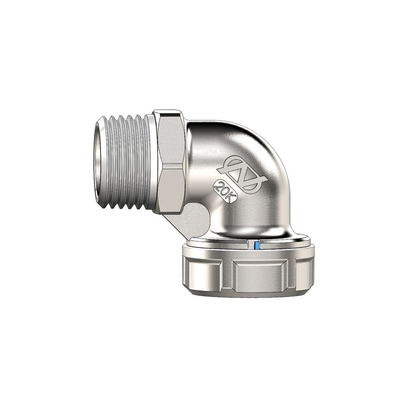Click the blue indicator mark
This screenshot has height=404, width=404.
coord(257,245)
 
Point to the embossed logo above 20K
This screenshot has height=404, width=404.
coord(242,173)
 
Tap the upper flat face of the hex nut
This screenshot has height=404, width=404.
coord(171,140)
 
